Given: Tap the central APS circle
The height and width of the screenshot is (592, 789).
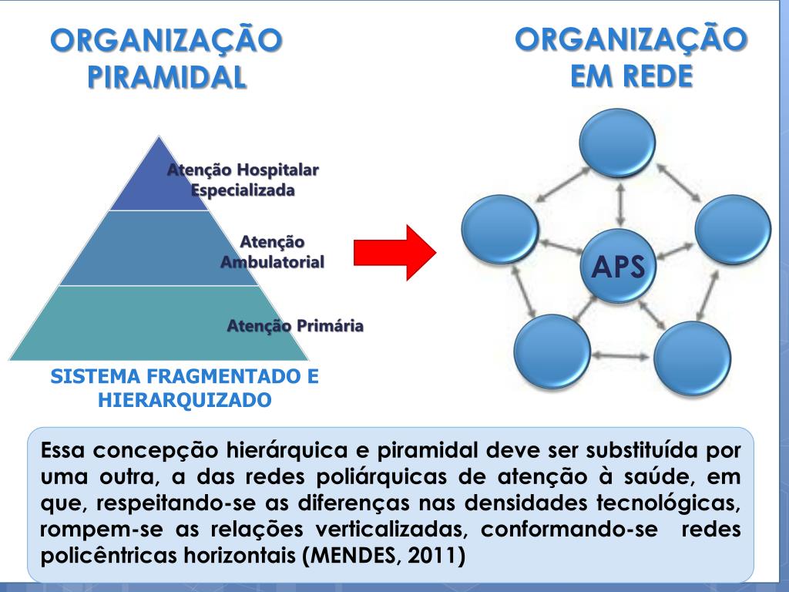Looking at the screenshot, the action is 618,267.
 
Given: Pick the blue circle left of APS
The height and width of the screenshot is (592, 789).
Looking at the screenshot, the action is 500,229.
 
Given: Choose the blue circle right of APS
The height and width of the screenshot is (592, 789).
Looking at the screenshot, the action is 732,230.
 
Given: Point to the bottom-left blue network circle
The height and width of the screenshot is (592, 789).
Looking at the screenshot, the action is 552,351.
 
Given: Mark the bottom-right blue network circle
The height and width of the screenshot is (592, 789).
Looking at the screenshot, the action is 692,358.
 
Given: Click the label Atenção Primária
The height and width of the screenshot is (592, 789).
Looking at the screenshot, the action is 295,326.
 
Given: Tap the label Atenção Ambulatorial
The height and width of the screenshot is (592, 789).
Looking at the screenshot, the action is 272,252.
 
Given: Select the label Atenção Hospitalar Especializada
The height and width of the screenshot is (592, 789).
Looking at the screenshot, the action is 243,180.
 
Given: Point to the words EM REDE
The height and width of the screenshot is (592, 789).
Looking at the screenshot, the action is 630,75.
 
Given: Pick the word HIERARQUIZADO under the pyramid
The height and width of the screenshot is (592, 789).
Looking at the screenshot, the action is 184,400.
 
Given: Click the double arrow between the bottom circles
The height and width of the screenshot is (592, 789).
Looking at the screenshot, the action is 621,356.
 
